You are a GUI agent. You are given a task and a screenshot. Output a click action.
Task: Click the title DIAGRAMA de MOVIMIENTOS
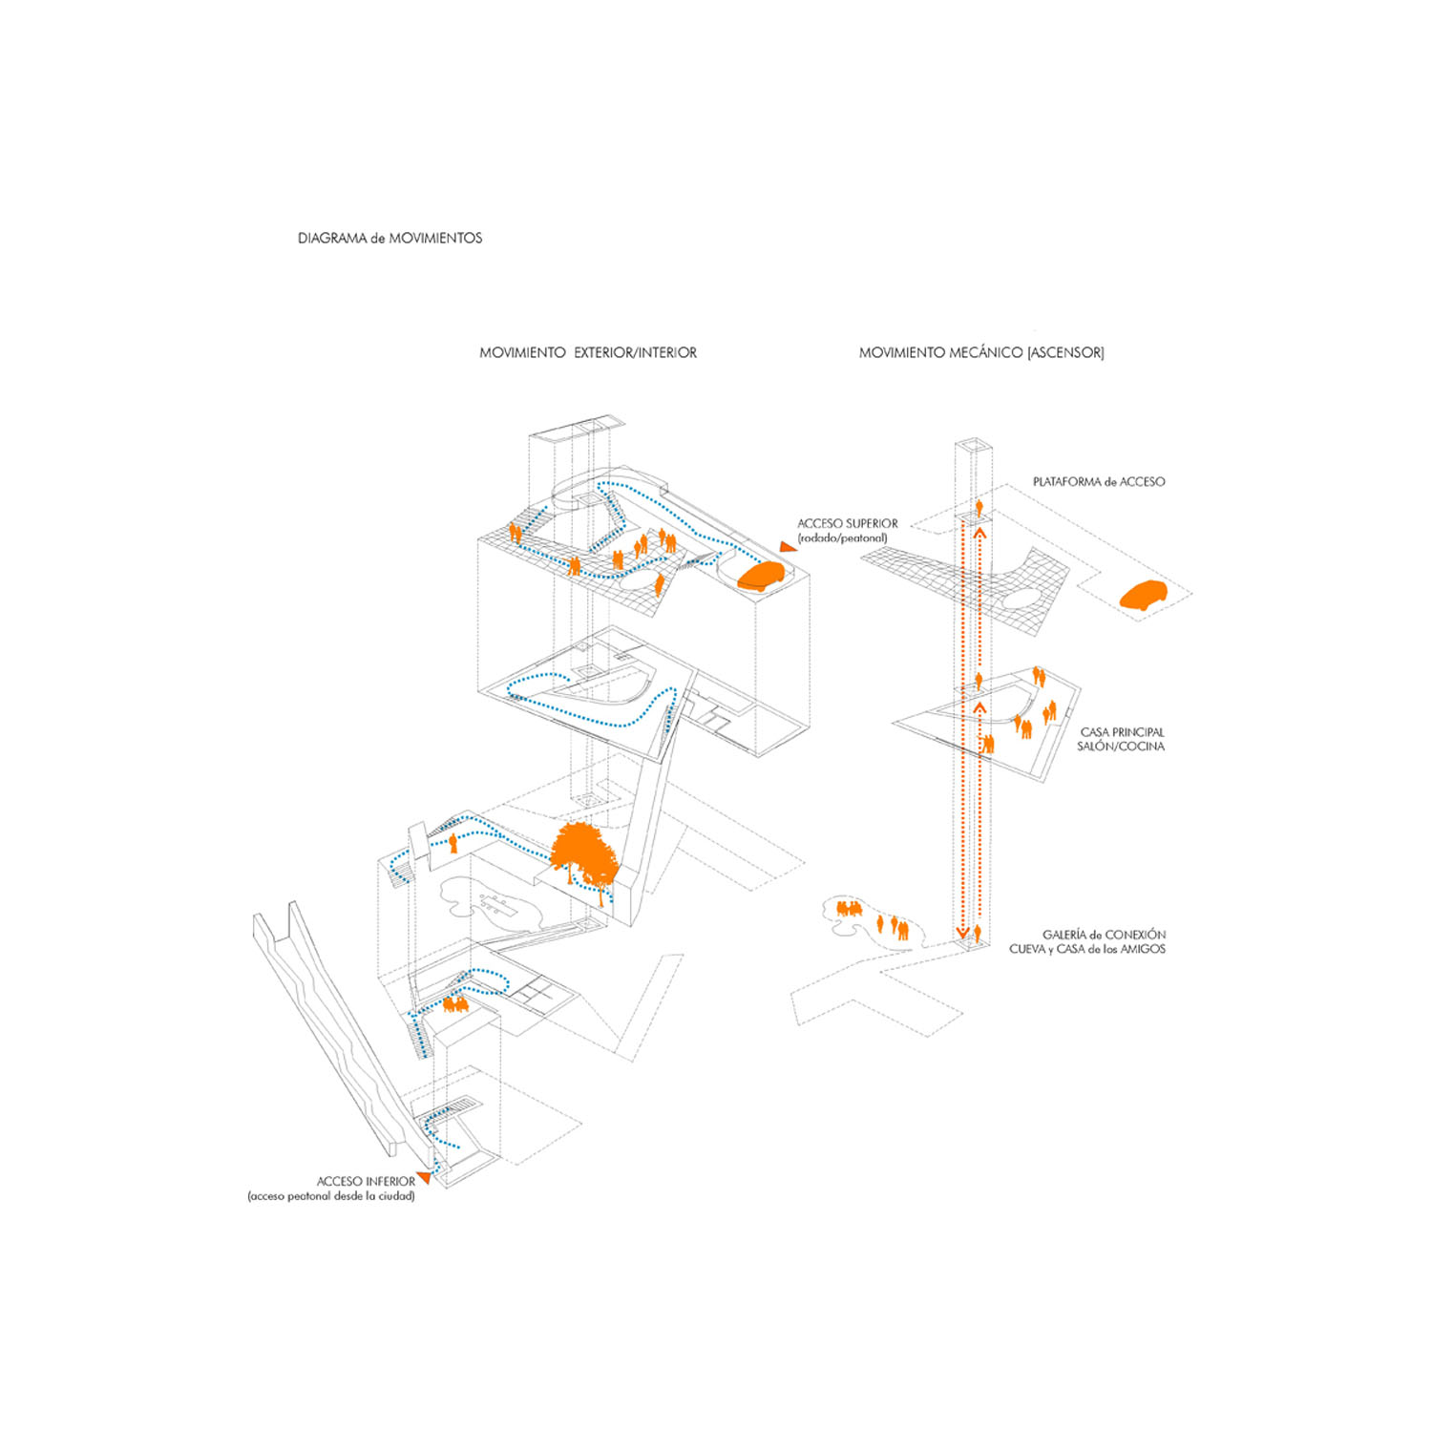(390, 239)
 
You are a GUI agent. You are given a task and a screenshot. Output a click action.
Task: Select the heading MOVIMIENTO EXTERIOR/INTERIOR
(588, 353)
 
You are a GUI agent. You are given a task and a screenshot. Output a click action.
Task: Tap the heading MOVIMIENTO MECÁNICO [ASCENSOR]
(981, 353)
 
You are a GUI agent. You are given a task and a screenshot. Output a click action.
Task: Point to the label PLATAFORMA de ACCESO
(1099, 482)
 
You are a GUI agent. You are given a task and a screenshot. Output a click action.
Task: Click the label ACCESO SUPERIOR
(848, 524)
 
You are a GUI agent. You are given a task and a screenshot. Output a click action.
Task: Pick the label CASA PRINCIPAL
(1123, 732)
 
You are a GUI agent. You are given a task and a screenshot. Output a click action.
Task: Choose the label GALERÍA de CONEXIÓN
(1104, 935)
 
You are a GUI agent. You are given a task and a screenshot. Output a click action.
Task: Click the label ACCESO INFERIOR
(366, 1182)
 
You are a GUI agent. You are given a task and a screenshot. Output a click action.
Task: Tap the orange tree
(584, 854)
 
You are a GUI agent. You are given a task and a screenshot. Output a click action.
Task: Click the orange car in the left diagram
(761, 575)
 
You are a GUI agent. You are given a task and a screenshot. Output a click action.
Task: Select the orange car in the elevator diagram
(1144, 596)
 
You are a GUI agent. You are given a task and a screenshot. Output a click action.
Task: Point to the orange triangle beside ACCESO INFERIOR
(423, 1178)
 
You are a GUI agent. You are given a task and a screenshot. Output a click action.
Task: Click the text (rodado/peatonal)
(843, 538)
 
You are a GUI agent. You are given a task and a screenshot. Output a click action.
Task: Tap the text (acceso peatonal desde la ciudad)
(331, 1196)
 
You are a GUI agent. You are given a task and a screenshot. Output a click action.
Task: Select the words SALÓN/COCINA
(1121, 747)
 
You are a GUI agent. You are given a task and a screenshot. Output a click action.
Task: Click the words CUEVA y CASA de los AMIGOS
(1087, 949)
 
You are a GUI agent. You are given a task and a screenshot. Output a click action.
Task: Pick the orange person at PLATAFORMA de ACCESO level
(979, 506)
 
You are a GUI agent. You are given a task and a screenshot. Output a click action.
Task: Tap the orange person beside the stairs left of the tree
(453, 843)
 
